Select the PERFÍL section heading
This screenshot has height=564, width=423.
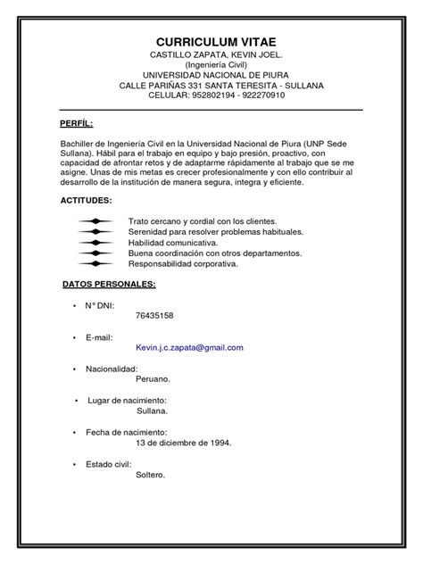tap(76, 122)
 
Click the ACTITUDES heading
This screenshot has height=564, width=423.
tap(87, 201)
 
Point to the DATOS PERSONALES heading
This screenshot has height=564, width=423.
tap(109, 284)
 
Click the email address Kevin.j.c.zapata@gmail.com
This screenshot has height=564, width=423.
tap(189, 347)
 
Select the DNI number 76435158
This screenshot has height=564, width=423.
tap(154, 316)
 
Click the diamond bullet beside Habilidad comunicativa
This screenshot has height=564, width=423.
tap(95, 242)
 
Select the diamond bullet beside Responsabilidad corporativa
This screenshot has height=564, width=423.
tap(95, 263)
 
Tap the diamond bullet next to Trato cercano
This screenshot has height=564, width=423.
tap(95, 220)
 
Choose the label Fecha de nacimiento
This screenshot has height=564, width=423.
tap(126, 432)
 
